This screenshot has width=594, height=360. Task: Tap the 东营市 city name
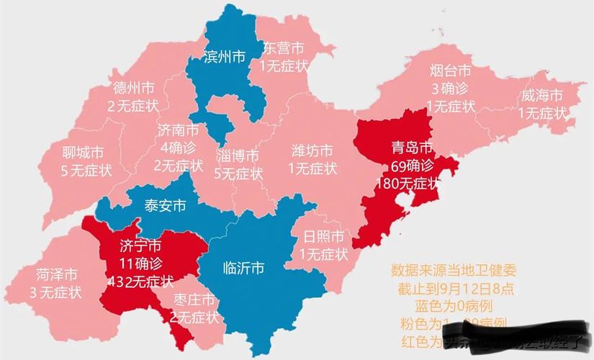click(282, 48)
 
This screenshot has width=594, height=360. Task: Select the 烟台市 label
click(451, 71)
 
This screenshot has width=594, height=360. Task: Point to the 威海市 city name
click(543, 96)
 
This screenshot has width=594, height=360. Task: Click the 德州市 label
click(133, 89)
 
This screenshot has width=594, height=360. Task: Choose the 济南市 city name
click(178, 130)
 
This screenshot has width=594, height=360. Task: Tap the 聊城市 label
click(83, 153)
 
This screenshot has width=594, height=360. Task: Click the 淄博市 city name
click(238, 156)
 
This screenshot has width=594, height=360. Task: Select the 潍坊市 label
click(312, 151)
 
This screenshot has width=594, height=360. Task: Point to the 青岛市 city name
click(408, 148)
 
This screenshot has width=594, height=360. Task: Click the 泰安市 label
click(165, 206)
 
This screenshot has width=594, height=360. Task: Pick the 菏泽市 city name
click(56, 275)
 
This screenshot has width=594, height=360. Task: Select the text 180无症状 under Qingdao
click(408, 183)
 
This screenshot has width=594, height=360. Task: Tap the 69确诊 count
click(408, 166)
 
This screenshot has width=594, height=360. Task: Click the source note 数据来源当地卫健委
click(454, 271)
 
